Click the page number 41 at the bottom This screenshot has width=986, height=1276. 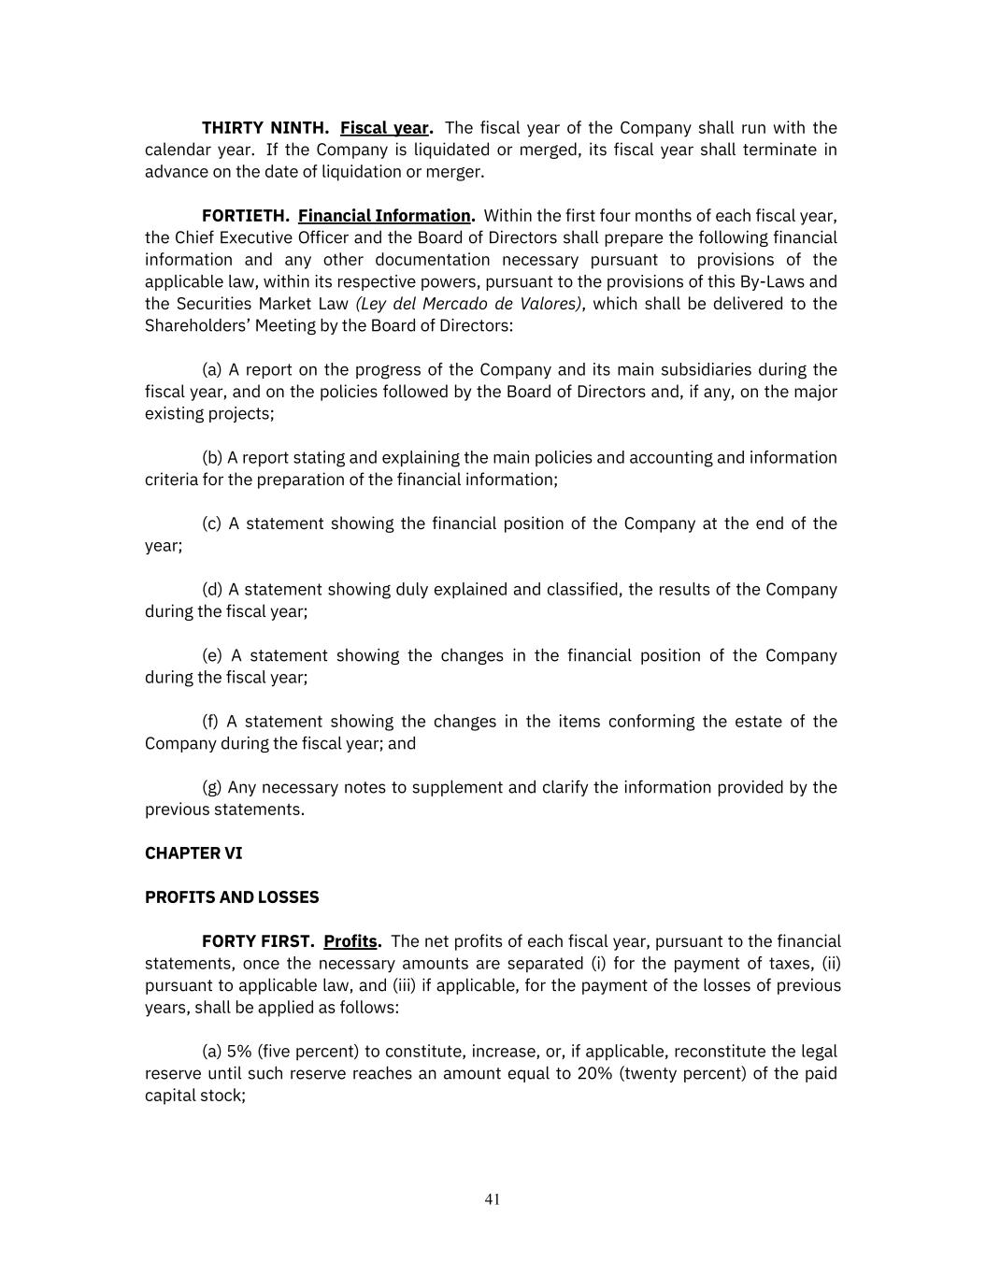click(493, 1199)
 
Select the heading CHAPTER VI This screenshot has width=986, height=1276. click(193, 853)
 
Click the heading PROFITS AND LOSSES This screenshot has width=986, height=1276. click(232, 897)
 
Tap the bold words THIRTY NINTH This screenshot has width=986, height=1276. click(264, 128)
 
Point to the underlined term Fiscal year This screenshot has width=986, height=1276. click(384, 128)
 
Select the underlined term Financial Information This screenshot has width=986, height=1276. click(384, 216)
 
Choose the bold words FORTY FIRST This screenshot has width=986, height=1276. click(258, 941)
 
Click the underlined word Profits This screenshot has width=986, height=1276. click(350, 941)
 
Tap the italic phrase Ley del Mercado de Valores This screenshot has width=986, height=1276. click(468, 304)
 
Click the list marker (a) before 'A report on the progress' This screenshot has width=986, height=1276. click(212, 370)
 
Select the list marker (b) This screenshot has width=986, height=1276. click(212, 458)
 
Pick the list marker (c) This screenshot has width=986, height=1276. click(212, 523)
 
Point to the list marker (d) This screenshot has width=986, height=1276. click(212, 590)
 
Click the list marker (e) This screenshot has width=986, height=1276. click(212, 656)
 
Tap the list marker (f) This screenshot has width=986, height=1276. click(211, 722)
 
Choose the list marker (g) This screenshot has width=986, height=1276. click(212, 788)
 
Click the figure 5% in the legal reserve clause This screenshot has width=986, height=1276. click(240, 1052)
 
